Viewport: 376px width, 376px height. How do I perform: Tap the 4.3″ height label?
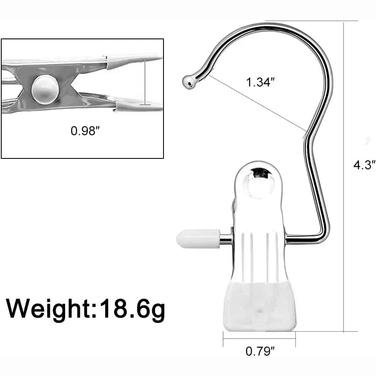(364, 165)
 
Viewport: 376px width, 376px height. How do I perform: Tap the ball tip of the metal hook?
(189, 82)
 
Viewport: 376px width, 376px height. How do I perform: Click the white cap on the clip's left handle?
(198, 239)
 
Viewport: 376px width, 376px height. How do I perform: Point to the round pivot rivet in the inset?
(45, 88)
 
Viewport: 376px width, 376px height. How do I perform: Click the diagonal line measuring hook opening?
(258, 103)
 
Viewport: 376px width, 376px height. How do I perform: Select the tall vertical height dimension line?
(344, 177)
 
